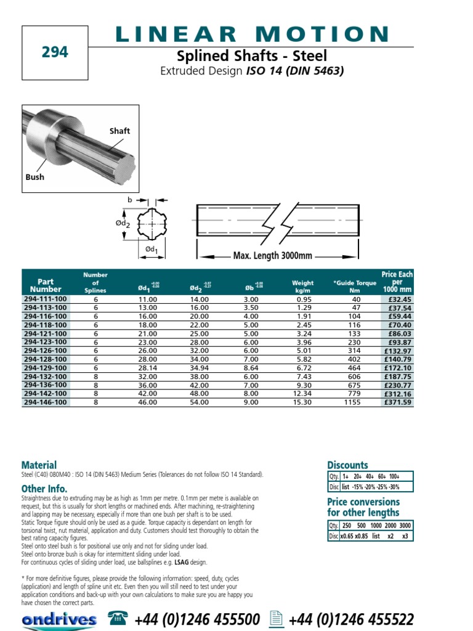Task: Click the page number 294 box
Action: pos(55,53)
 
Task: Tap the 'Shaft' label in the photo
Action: pos(119,131)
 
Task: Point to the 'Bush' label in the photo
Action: pos(35,177)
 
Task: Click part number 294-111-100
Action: pos(46,299)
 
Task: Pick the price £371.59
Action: pos(397,402)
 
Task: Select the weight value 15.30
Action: pos(303,402)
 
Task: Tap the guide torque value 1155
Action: pos(354,402)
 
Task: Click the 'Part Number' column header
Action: pos(46,285)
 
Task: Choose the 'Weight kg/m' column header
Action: pos(303,287)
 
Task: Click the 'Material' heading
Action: pos(39,465)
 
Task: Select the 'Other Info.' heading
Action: pos(44,489)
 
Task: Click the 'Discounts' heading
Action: pos(347,465)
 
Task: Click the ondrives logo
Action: pos(59,619)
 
